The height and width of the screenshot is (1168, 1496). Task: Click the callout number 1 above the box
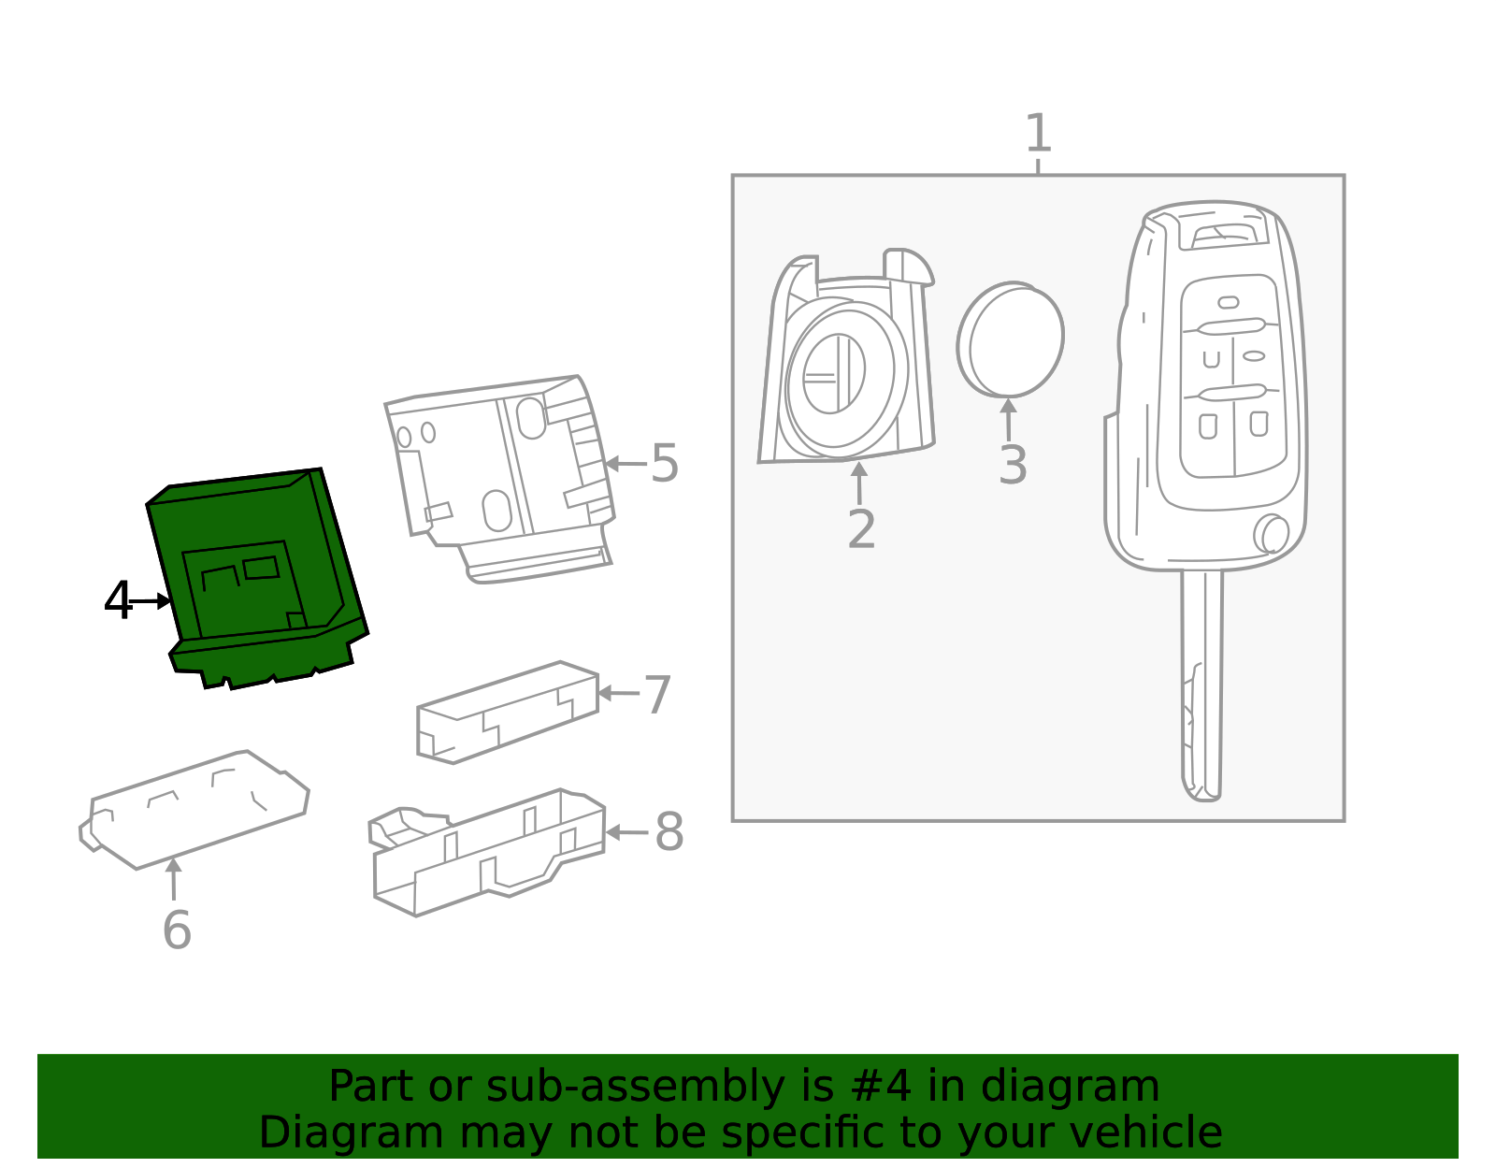(x=1038, y=134)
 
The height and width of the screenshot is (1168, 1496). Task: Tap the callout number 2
(x=861, y=529)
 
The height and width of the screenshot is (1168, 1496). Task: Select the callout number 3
(x=1013, y=465)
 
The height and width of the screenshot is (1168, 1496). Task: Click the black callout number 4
(x=118, y=601)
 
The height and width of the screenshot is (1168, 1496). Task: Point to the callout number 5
(x=665, y=463)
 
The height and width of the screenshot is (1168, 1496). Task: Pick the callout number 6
(x=177, y=930)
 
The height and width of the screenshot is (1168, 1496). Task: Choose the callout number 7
(x=658, y=695)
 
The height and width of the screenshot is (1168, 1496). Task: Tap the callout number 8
(x=669, y=831)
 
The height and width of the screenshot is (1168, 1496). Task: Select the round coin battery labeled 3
(x=1011, y=340)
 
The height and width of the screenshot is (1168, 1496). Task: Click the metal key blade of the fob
(x=1201, y=683)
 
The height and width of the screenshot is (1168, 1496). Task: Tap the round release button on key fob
(x=1273, y=534)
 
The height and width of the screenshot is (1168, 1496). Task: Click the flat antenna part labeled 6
(x=196, y=810)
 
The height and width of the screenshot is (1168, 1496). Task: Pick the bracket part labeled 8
(x=486, y=851)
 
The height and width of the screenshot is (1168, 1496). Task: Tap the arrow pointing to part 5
(x=625, y=463)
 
